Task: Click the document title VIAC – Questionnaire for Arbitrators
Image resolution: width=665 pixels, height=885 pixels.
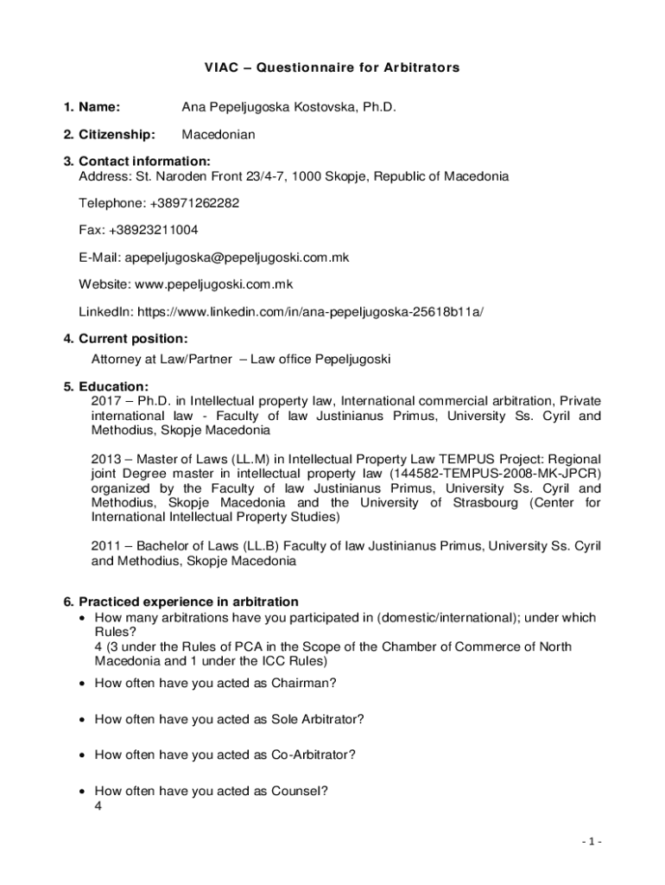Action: coord(332,67)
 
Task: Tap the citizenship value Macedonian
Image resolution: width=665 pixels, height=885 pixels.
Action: coord(218,135)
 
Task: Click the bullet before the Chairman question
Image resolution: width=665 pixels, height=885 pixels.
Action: coord(81,683)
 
